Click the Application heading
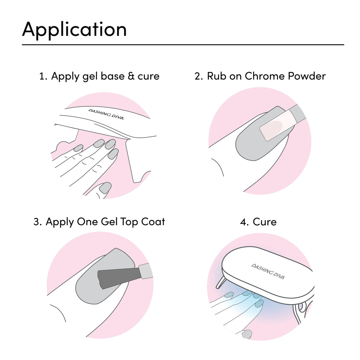(75, 30)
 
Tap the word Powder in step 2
(307, 76)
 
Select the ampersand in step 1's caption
(131, 76)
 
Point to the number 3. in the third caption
(38, 222)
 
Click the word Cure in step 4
(264, 222)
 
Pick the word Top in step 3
(129, 222)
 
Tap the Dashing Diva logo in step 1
(106, 114)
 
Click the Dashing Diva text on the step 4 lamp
(268, 271)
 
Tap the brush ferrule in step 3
(146, 271)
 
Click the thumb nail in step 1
(105, 188)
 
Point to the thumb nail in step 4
(247, 334)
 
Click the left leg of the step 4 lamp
(220, 282)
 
